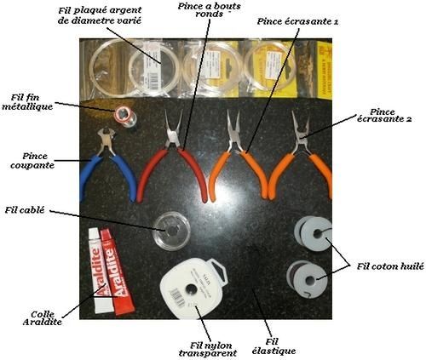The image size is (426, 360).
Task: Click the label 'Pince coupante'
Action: click(x=32, y=161)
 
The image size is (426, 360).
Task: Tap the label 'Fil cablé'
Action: click(x=25, y=210)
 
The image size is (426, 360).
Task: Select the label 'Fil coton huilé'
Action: click(x=390, y=266)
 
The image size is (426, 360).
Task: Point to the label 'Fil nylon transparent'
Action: click(x=208, y=349)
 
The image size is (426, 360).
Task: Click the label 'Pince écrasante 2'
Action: click(x=384, y=115)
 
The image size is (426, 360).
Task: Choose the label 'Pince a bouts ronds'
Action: click(x=210, y=10)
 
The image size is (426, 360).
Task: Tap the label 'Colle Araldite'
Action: click(x=42, y=318)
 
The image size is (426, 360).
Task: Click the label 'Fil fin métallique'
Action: click(x=27, y=102)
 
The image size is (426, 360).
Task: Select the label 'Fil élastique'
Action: click(x=273, y=346)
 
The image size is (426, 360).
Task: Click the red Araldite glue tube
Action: click(x=117, y=271)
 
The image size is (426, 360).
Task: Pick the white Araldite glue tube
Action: click(x=97, y=271)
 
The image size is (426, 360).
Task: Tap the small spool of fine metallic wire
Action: click(x=125, y=116)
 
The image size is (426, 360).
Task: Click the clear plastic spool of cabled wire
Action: click(x=171, y=231)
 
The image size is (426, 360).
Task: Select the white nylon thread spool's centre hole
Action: click(x=191, y=289)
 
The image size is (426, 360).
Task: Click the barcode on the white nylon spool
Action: click(x=177, y=297)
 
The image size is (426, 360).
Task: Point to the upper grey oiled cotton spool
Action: click(x=313, y=233)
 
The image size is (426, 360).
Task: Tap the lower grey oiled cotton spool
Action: click(x=307, y=278)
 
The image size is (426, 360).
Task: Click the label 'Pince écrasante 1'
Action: click(x=297, y=21)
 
